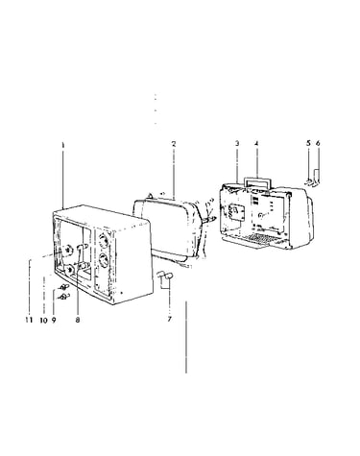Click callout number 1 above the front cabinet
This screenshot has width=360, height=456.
(63, 145)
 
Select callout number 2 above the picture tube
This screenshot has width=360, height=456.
(174, 144)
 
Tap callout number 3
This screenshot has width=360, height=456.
(237, 143)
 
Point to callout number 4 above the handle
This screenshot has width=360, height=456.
(256, 143)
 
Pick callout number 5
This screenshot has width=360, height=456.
(308, 143)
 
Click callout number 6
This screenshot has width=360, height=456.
(318, 143)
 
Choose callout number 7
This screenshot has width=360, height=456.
(169, 319)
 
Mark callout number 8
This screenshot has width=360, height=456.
(78, 320)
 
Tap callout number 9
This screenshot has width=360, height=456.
(54, 320)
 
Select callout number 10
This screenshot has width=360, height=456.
(44, 320)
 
